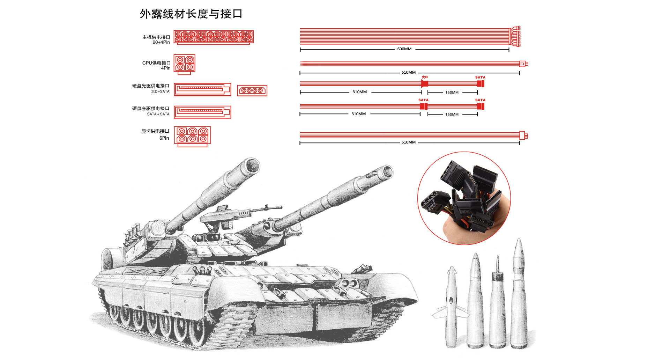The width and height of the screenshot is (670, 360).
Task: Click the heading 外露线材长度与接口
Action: pos(191,14)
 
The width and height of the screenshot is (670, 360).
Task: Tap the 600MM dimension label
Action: pos(404,49)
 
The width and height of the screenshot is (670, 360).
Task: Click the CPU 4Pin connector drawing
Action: pos(185,64)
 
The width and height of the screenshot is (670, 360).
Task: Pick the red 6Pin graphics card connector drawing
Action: pos(192,136)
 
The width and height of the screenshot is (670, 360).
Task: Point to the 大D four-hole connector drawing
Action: pos(252,90)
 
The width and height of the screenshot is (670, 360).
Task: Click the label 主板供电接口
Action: pos(156,37)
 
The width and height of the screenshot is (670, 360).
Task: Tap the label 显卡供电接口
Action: pos(155,131)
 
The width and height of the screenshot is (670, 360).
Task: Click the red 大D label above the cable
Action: pos(424,77)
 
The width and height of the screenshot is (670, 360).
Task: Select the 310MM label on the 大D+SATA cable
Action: pos(359,92)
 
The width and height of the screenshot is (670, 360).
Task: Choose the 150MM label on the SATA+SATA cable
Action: pos(452,115)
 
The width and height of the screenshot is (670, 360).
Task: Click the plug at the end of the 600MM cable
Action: pos(515,37)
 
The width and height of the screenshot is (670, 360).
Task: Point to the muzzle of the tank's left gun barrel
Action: pos(251,166)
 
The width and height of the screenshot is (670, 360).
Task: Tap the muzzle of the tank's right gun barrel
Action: pos(386,172)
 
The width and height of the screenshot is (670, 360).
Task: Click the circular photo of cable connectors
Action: pos(464,198)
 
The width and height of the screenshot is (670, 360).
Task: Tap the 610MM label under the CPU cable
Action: pos(408,73)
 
